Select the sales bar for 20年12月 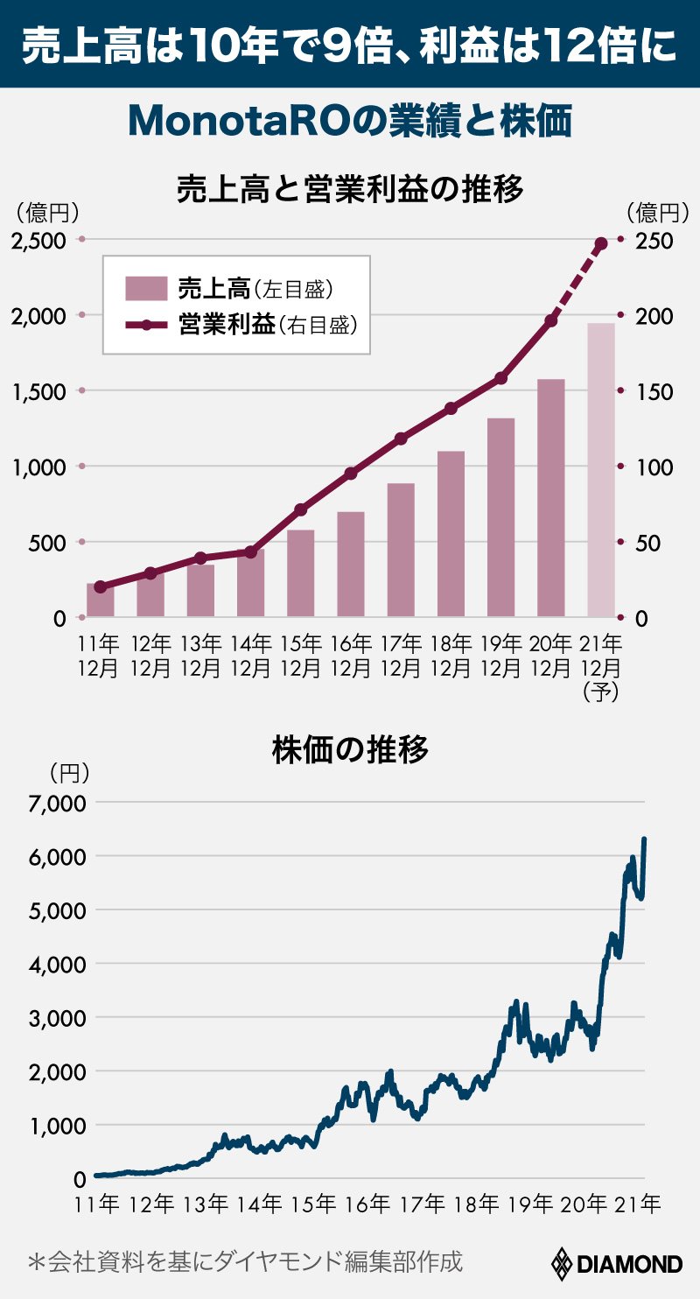[x=551, y=498]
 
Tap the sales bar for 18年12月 [x=451, y=534]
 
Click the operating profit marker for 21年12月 [x=601, y=243]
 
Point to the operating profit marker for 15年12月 [x=300, y=509]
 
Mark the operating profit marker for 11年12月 [x=100, y=586]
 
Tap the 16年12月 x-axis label [x=350, y=656]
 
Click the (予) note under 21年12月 [x=601, y=692]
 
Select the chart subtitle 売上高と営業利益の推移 [x=350, y=188]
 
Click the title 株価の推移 [x=350, y=750]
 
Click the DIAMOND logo [x=616, y=1264]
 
